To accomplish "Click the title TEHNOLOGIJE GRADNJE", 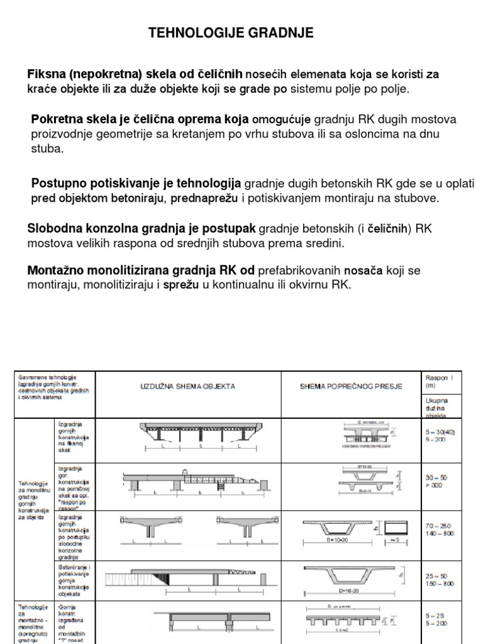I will click(x=231, y=33).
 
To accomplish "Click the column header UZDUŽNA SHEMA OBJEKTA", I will click(x=187, y=386).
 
